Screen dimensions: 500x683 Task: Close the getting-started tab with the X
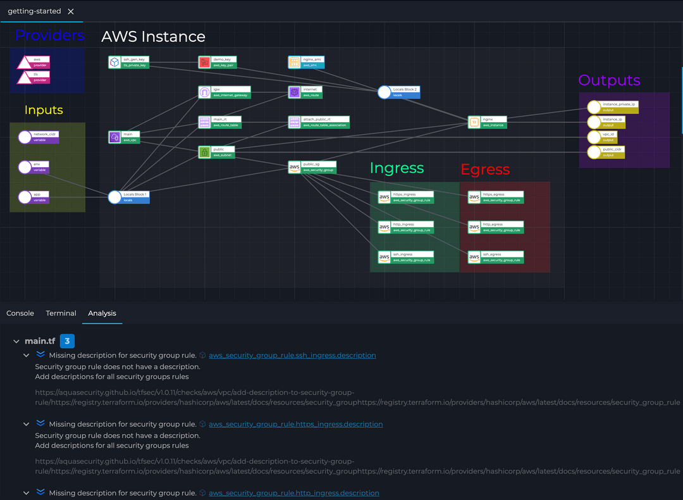(71, 11)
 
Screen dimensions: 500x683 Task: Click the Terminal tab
(61, 313)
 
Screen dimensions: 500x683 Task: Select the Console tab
(20, 313)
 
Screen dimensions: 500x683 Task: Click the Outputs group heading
(609, 80)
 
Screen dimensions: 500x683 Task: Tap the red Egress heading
(485, 170)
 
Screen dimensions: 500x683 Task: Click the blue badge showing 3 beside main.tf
(66, 341)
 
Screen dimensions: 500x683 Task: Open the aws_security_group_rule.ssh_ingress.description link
(292, 356)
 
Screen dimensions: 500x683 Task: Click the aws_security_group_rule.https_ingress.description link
(295, 424)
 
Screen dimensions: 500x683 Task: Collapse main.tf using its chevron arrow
(16, 342)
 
